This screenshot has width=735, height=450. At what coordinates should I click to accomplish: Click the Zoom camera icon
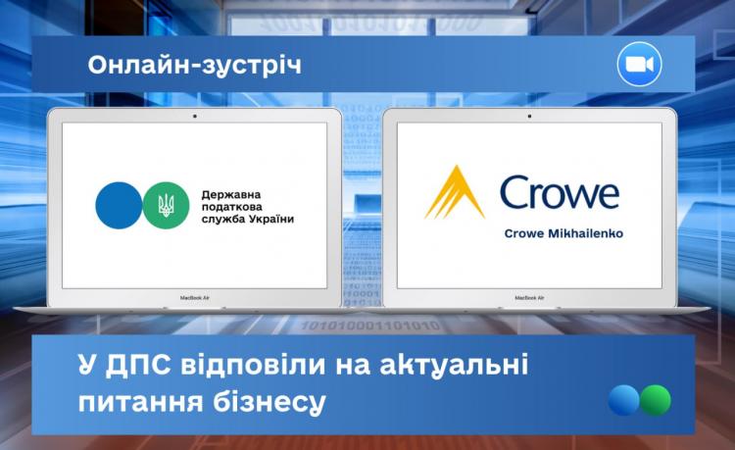639,65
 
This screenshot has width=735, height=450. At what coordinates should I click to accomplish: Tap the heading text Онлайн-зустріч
195,65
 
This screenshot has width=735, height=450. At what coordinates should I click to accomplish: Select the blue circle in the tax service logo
119,205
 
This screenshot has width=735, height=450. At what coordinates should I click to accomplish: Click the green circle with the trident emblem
166,205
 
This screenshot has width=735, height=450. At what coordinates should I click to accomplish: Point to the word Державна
231,194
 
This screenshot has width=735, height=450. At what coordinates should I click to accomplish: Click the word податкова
232,207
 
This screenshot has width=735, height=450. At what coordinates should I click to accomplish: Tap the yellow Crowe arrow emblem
455,192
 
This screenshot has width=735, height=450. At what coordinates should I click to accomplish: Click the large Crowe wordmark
560,192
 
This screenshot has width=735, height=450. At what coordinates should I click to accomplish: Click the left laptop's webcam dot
195,116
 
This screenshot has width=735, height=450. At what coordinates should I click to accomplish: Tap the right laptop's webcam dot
529,116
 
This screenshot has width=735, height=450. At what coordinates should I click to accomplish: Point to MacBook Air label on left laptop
195,298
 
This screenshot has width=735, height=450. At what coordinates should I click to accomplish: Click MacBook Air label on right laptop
529,298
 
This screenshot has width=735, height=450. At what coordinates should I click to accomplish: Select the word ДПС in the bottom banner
138,365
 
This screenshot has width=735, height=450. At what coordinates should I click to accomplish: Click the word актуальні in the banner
454,365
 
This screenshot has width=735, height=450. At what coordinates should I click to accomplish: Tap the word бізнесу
269,402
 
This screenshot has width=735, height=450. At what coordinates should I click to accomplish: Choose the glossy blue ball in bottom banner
624,400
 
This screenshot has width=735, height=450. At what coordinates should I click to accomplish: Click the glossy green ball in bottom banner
656,400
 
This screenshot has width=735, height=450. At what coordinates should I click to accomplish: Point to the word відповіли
253,365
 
